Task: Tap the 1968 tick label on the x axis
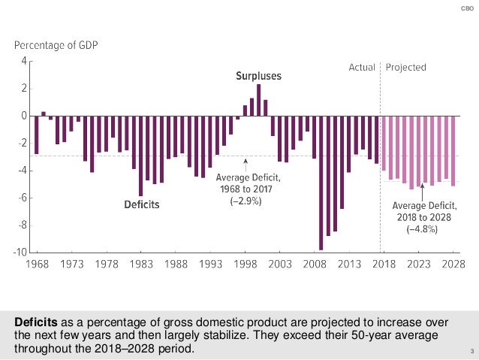(36, 264)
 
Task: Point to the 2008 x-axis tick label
(315, 264)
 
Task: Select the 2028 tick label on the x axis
(453, 264)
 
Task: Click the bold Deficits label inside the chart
(142, 204)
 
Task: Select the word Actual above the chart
(362, 68)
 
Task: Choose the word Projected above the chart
(406, 68)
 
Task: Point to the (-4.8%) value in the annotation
(423, 229)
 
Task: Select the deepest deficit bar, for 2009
(321, 183)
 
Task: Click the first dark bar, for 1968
(36, 135)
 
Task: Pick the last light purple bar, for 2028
(453, 150)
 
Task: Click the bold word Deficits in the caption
(38, 323)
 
